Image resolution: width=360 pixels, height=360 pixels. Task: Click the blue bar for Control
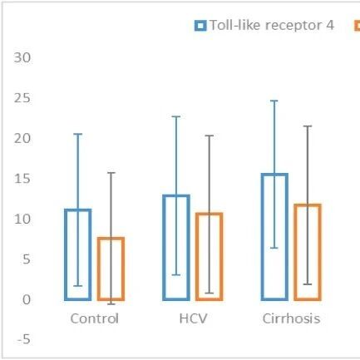click(66, 255)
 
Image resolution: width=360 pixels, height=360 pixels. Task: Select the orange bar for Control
click(99, 269)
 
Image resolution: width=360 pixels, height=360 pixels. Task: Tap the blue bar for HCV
click(164, 248)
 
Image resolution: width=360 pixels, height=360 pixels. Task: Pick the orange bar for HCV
click(197, 257)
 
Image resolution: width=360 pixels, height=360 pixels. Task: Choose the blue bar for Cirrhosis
click(263, 237)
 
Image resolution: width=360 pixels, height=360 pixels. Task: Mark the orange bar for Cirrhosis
click(295, 252)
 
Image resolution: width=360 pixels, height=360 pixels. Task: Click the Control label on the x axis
click(95, 318)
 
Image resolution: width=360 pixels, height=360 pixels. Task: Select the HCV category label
click(193, 318)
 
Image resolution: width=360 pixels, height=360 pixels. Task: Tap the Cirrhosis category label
click(291, 318)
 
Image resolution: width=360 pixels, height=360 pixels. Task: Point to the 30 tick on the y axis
click(22, 57)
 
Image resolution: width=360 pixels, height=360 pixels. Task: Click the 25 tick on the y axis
click(22, 98)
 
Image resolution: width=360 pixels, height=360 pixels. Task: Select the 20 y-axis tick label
click(22, 138)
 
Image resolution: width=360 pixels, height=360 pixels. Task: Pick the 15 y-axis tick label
click(22, 179)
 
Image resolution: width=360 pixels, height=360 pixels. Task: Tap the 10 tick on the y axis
click(22, 219)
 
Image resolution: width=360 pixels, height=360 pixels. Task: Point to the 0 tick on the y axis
click(27, 299)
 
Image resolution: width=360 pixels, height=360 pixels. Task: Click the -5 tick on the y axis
click(24, 339)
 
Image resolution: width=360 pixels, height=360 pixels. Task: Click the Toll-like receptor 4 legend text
click(272, 25)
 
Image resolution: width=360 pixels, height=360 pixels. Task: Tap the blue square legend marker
click(200, 26)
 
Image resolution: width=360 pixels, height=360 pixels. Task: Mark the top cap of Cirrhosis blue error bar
click(274, 101)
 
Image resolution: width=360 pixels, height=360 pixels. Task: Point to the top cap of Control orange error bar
click(111, 173)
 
